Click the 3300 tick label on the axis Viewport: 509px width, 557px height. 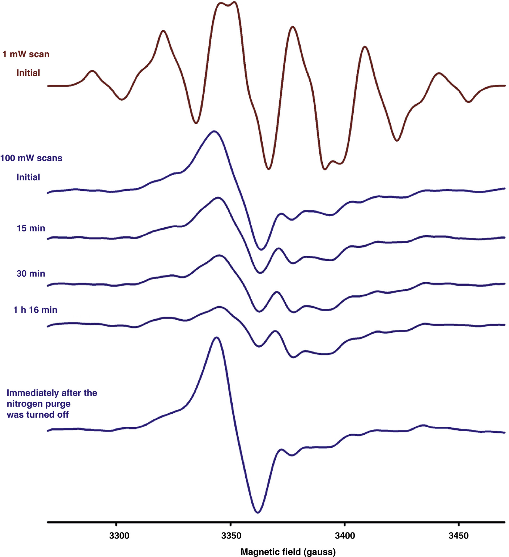[x=119, y=536]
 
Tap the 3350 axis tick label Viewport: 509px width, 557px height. [x=231, y=536]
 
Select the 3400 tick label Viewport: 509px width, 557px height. [x=345, y=536]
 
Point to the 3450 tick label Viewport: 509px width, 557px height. [x=458, y=536]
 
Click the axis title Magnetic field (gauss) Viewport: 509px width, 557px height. [x=288, y=552]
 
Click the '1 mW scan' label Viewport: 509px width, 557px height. [x=26, y=54]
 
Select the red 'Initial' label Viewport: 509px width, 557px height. [x=28, y=73]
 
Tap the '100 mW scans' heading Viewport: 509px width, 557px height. [x=31, y=158]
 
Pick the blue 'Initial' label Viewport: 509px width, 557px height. [x=28, y=177]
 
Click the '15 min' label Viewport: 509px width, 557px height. [x=31, y=228]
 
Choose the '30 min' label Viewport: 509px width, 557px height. [x=31, y=274]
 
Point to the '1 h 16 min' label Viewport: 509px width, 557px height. [x=35, y=310]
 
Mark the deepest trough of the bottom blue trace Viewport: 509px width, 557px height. [x=258, y=512]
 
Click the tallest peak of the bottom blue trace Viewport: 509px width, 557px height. [x=216, y=337]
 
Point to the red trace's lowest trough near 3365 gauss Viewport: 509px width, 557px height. [x=268, y=169]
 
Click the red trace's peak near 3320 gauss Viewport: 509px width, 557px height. [x=163, y=31]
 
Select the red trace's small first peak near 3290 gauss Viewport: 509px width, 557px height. [x=92, y=71]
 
